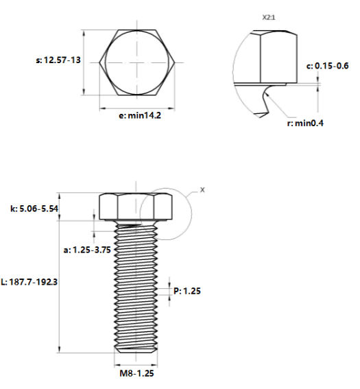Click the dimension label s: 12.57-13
(x=58, y=60)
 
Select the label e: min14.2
(x=140, y=115)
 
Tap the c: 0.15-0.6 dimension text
(x=328, y=66)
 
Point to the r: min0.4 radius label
(x=305, y=123)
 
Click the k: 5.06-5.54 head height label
(x=34, y=209)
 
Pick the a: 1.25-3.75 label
(x=87, y=250)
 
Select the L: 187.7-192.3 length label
(x=29, y=282)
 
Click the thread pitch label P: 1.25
(x=187, y=291)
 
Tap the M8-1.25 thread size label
(x=136, y=373)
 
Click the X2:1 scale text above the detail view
(x=269, y=18)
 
